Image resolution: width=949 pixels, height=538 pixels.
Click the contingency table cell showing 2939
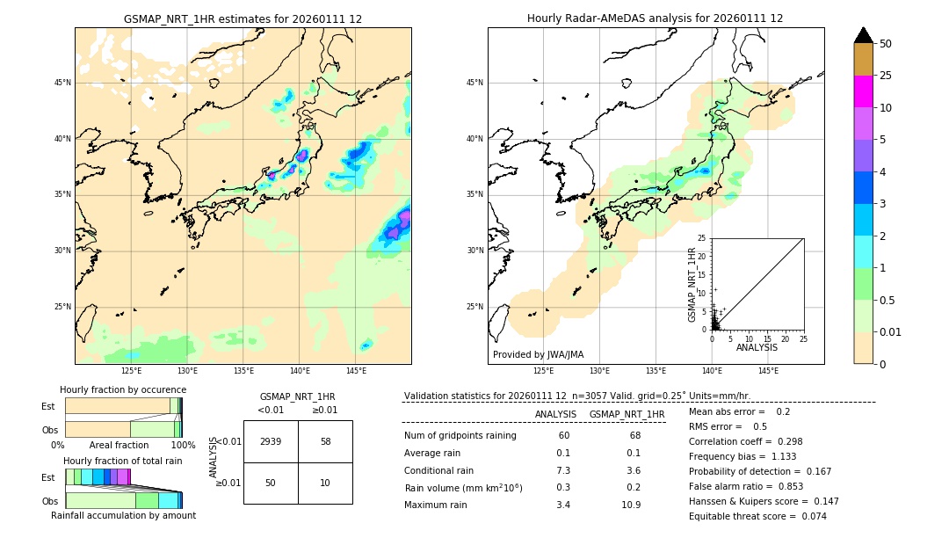pyautogui.click(x=271, y=441)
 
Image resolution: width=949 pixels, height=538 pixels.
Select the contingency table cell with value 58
pyautogui.click(x=325, y=441)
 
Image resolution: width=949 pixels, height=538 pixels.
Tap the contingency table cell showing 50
pyautogui.click(x=271, y=483)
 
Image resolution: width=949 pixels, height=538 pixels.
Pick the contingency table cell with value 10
pyautogui.click(x=325, y=483)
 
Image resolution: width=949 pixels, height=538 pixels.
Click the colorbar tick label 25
pyautogui.click(x=886, y=76)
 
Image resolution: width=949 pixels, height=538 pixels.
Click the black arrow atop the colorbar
pyautogui.click(x=864, y=35)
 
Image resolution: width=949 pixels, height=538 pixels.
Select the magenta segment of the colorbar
pyautogui.click(x=864, y=91)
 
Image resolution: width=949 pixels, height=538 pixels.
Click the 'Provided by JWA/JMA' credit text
pyautogui.click(x=538, y=355)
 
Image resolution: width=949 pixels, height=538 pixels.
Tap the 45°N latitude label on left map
pyautogui.click(x=62, y=83)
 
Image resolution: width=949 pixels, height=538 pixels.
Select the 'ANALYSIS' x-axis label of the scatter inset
pyautogui.click(x=757, y=348)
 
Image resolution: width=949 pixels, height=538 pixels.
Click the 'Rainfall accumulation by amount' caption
pyautogui.click(x=123, y=516)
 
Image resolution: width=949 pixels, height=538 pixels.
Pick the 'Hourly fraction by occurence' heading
pyautogui.click(x=123, y=389)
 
